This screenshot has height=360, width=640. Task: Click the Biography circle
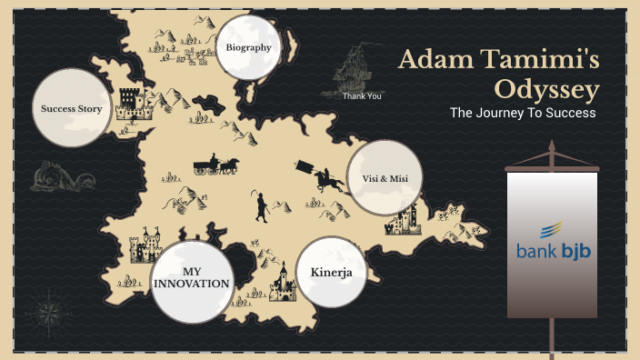249,46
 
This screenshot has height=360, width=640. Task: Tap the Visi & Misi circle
385,178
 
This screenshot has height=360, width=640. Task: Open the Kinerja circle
331,272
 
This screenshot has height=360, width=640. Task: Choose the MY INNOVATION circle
191,278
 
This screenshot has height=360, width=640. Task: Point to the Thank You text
362,95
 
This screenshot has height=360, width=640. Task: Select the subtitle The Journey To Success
523,114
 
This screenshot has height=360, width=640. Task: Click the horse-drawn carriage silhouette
215,165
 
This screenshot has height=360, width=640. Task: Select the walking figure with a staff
261,207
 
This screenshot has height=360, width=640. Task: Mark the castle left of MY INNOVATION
141,245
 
